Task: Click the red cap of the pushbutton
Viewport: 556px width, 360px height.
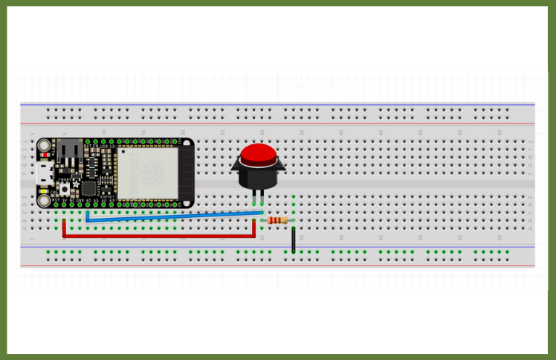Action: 258,154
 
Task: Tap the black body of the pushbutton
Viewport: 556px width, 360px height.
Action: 258,176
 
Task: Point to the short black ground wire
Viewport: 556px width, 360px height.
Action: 294,241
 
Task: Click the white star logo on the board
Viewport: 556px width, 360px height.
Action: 75,183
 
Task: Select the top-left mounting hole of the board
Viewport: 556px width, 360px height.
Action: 45,144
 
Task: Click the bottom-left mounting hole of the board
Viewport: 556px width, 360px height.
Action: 45,199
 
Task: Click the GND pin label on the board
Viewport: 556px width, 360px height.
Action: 80,199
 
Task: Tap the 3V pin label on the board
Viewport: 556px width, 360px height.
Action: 64,199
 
